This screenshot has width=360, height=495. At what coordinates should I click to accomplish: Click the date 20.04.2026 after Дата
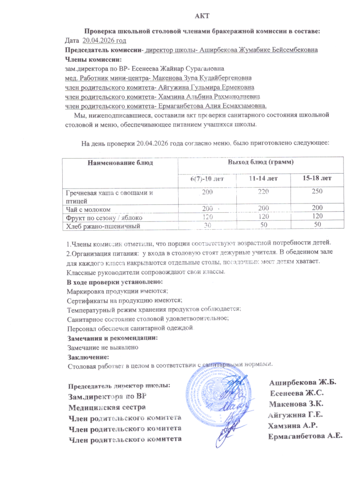tap(104, 41)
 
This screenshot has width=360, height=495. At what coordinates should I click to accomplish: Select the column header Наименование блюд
tap(120, 163)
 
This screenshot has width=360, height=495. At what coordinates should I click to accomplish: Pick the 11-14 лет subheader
tap(263, 178)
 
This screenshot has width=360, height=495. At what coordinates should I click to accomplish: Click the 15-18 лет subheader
tap(317, 178)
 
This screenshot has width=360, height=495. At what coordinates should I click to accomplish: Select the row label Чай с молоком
tap(88, 209)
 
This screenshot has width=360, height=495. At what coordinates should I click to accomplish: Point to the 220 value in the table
tap(263, 193)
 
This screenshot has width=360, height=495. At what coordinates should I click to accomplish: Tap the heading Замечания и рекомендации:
tap(112, 338)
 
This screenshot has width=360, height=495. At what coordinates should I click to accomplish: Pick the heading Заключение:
tap(85, 357)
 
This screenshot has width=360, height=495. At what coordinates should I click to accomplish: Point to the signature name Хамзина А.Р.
tap(295, 425)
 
